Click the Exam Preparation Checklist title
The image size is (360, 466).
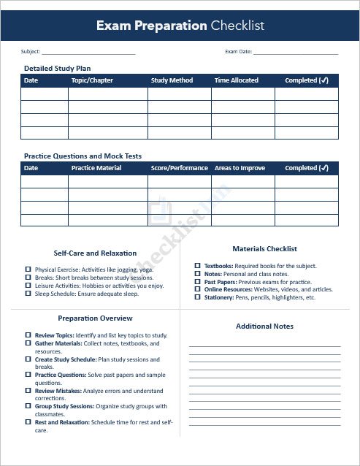[x=180, y=26]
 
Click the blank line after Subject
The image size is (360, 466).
[x=88, y=53]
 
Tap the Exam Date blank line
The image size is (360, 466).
[x=296, y=53]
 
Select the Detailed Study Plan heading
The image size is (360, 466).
[x=57, y=68]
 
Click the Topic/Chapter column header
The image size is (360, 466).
[x=92, y=80]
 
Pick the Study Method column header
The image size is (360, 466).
[x=172, y=80]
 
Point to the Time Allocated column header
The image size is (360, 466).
[x=236, y=80]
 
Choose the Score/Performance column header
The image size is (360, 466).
[x=179, y=168]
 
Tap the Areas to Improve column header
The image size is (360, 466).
[x=240, y=168]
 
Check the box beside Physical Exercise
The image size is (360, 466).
[x=28, y=270]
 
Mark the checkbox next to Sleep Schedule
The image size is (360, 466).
[x=28, y=294]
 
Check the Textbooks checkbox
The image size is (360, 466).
[x=197, y=266]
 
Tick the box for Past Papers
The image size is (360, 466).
[x=197, y=282]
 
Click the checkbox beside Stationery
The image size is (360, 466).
[x=197, y=298]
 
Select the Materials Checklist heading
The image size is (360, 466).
[x=264, y=248]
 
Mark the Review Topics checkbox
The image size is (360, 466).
[x=28, y=335]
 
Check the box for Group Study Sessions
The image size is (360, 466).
[x=28, y=406]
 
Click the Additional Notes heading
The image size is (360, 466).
[x=264, y=326]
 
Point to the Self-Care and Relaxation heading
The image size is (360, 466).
[x=95, y=253]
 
